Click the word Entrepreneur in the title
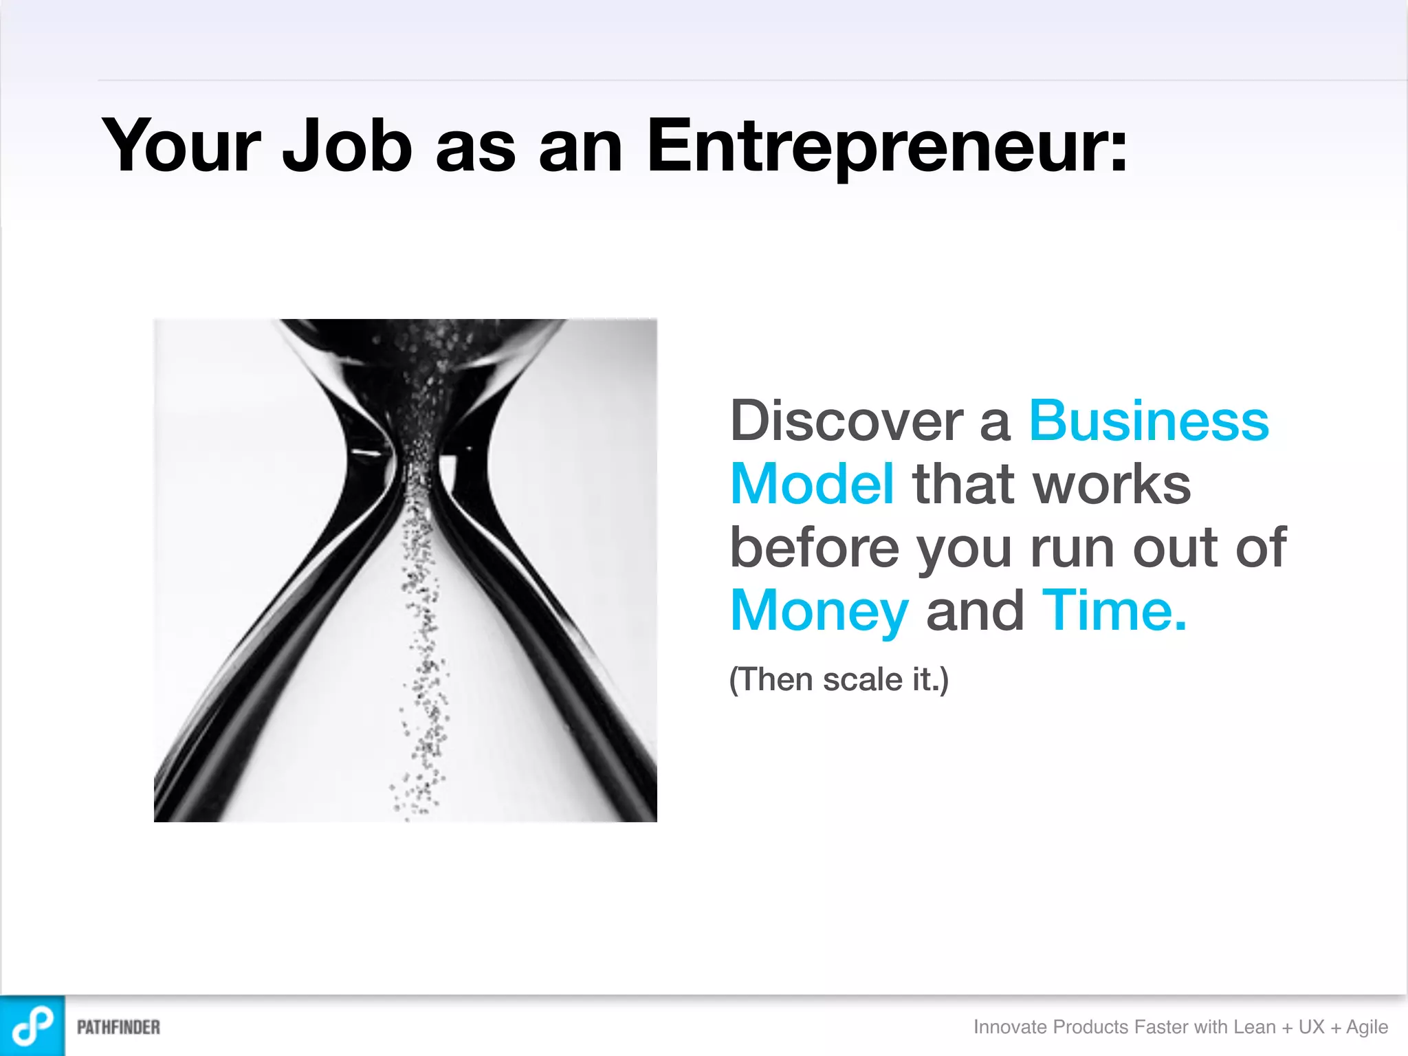(887, 146)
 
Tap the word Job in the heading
(347, 146)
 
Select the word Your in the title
(181, 146)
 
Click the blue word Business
(1149, 421)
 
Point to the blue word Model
(812, 484)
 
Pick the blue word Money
(819, 611)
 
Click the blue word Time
(1114, 610)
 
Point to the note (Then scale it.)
(839, 679)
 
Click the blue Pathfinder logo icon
(32, 1026)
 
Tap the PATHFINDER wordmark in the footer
(118, 1027)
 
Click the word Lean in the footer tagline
(1254, 1026)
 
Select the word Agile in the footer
(1367, 1026)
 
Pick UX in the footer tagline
(1311, 1026)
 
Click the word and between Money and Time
(975, 611)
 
